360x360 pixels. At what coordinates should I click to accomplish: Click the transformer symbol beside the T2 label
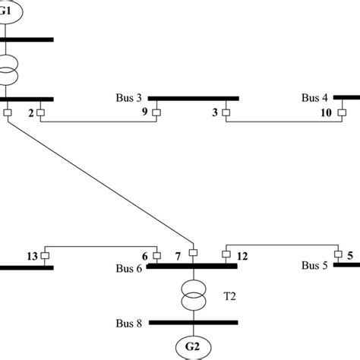(194, 295)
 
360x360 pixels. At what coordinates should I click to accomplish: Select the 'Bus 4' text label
(314, 98)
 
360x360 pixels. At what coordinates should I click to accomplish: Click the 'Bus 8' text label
(128, 324)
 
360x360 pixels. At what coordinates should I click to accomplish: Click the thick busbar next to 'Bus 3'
(194, 98)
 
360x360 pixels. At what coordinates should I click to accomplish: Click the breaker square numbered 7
(193, 253)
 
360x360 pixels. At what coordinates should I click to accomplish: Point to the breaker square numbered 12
(226, 255)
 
